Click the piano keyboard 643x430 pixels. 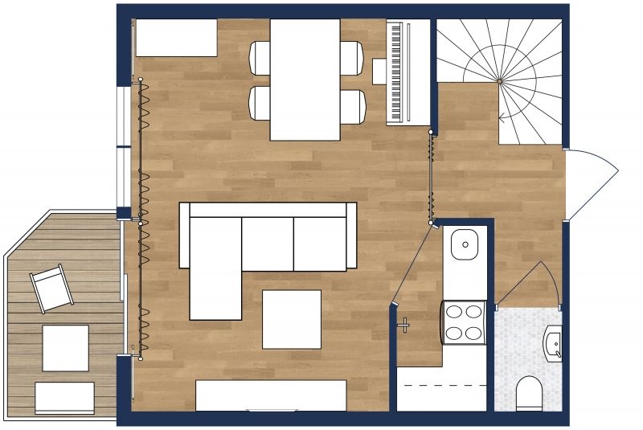point(395,72)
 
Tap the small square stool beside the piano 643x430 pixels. point(379,72)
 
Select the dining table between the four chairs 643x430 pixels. point(305,80)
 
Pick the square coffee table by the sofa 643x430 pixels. point(292,319)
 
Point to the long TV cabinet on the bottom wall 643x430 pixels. point(271,395)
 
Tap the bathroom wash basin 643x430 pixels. point(554,343)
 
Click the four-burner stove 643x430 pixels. point(465,321)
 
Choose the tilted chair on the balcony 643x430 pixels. point(51,288)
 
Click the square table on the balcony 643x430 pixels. point(65,348)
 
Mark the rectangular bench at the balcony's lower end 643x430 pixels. point(64,398)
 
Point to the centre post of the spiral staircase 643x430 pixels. point(499,81)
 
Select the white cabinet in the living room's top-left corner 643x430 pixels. point(176,38)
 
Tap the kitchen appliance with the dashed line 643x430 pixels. point(441,388)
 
